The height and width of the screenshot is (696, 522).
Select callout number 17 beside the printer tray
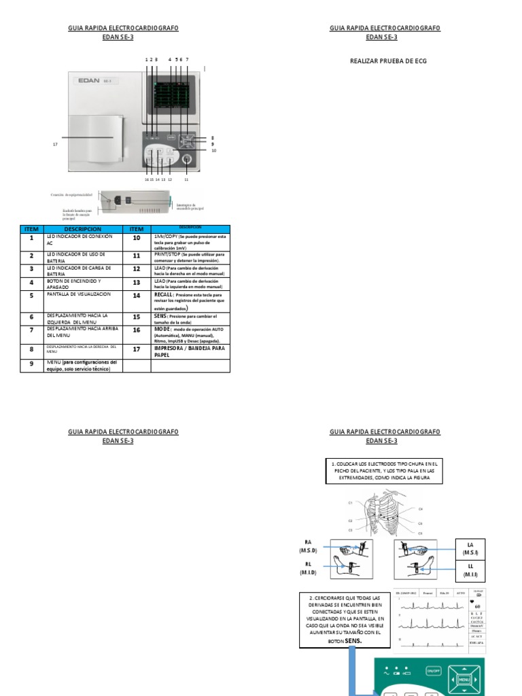(x=55, y=144)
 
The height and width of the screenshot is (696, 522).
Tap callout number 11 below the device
(x=186, y=179)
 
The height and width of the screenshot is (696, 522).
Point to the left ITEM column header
(x=31, y=229)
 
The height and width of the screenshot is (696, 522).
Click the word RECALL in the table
(x=163, y=296)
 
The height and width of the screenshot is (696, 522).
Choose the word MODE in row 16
(x=162, y=329)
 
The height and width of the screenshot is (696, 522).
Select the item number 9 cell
(x=31, y=365)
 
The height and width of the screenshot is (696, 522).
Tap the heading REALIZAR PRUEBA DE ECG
(x=388, y=60)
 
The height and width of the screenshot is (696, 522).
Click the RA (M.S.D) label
(x=307, y=545)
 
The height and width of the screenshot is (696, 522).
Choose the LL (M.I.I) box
(x=471, y=570)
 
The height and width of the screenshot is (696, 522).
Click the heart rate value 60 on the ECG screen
(x=478, y=606)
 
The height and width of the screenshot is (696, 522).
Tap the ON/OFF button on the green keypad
(x=433, y=671)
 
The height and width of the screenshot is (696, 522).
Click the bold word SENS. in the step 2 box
(x=352, y=640)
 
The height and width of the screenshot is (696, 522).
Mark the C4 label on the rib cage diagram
(x=421, y=508)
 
